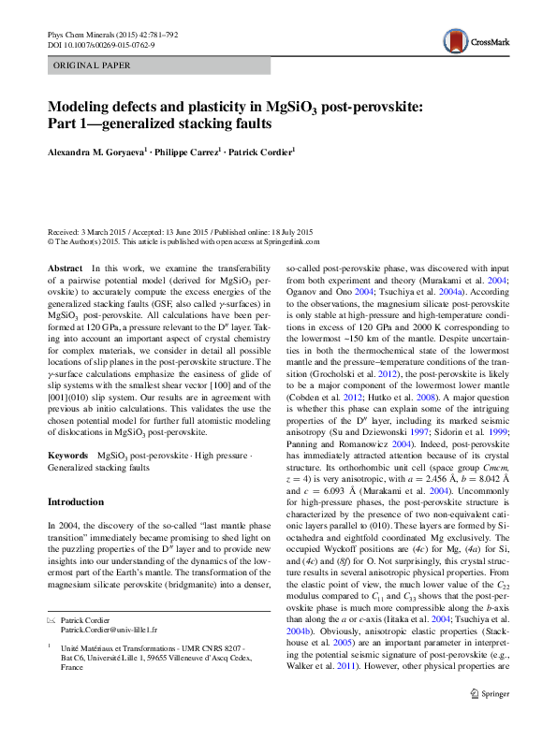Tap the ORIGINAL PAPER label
(x=92, y=65)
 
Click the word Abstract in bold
(x=65, y=268)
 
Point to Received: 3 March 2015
(x=89, y=231)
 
